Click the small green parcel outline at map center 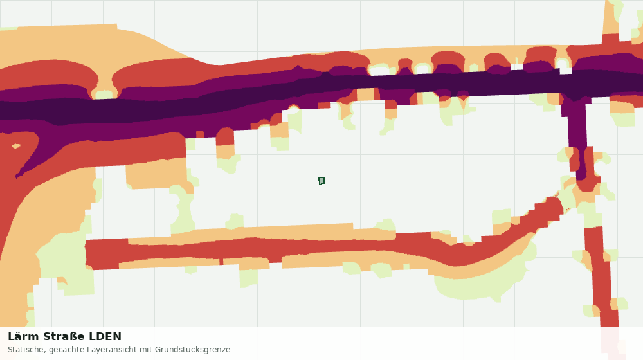tap(321, 181)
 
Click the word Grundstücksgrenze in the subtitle tap(193, 350)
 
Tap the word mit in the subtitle tap(146, 350)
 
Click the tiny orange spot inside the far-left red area tap(16, 146)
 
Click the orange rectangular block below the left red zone tap(156, 174)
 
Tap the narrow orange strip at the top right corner tap(611, 19)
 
